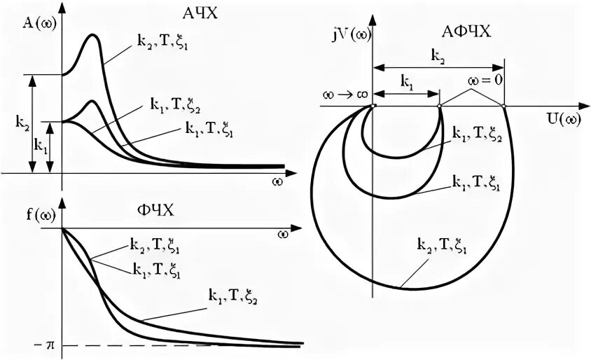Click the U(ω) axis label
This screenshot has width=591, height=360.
pyautogui.click(x=562, y=118)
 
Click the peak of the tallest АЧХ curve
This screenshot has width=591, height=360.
pyautogui.click(x=92, y=34)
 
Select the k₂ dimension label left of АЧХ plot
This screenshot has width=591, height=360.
pyautogui.click(x=21, y=120)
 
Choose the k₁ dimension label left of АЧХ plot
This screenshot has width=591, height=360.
pyautogui.click(x=41, y=145)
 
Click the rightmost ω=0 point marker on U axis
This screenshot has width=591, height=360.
pyautogui.click(x=503, y=106)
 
